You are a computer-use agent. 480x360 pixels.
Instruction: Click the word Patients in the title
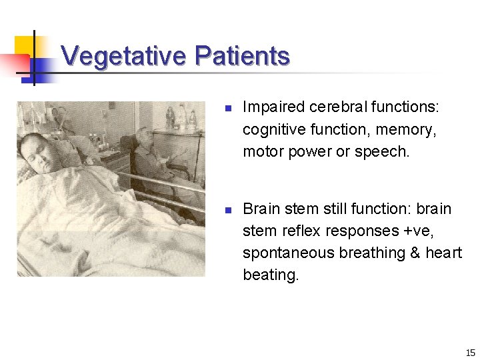click(x=243, y=56)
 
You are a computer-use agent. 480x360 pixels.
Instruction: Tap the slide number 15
click(x=470, y=353)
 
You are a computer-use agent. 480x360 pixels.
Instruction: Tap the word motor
click(x=263, y=151)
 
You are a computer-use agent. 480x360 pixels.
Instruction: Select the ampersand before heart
click(x=417, y=253)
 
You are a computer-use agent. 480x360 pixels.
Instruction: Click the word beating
click(x=271, y=275)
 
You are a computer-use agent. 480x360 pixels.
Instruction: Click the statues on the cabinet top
click(x=181, y=117)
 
